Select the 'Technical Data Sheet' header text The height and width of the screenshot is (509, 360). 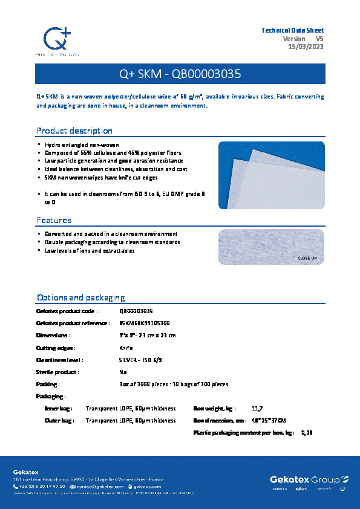292,30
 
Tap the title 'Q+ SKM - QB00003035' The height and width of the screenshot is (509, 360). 180,74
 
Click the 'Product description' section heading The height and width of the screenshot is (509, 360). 74,131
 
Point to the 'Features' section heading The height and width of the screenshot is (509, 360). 54,220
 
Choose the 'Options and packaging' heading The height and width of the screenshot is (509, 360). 80,297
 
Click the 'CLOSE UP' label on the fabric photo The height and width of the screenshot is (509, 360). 307,258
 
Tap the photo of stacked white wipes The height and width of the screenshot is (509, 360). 271,175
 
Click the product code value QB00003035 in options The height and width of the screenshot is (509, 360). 136,311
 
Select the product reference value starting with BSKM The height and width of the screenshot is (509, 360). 145,323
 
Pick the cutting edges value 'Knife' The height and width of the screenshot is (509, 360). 126,348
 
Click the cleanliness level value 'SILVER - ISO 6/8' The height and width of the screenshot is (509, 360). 140,360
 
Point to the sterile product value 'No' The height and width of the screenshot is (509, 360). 123,372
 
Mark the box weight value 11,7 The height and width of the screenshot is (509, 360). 257,409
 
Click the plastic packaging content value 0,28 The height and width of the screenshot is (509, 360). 307,432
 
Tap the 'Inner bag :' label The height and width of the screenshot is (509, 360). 59,409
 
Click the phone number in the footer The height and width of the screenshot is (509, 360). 42,487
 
